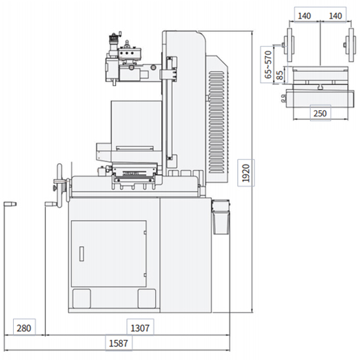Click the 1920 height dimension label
click(245, 173)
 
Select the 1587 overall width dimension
click(119, 344)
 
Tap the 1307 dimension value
click(140, 328)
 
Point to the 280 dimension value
click(24, 328)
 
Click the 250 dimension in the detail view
click(320, 113)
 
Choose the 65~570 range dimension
click(268, 64)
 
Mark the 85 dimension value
click(280, 75)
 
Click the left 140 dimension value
click(304, 16)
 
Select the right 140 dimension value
click(336, 16)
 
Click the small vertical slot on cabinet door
click(82, 254)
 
